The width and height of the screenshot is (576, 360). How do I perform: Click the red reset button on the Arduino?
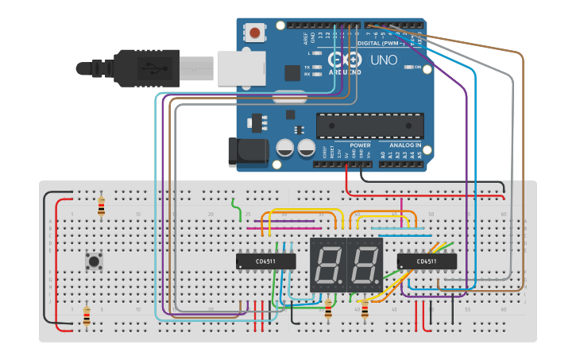254,33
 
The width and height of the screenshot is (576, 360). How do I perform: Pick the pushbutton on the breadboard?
96,261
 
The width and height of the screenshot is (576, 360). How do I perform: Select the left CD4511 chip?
265,261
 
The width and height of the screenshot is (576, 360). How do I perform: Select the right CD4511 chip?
427,261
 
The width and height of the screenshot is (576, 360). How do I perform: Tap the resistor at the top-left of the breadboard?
100,205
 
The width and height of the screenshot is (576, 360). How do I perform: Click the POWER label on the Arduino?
360,146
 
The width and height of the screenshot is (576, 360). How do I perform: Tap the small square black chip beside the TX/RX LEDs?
292,72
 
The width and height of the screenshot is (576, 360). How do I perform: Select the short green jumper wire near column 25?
237,210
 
